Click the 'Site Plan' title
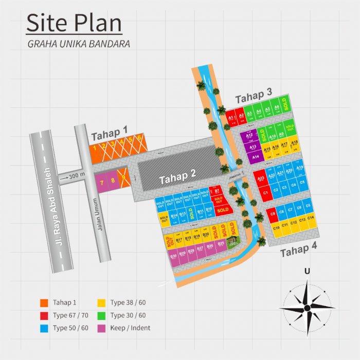click(x=74, y=24)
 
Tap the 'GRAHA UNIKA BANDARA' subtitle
click(x=78, y=44)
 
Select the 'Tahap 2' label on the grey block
click(x=177, y=178)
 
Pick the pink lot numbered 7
click(x=102, y=182)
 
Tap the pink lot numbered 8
click(x=113, y=181)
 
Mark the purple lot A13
click(x=253, y=147)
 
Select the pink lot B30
click(x=174, y=256)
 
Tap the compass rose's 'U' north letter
click(x=307, y=271)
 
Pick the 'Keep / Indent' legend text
click(x=130, y=328)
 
